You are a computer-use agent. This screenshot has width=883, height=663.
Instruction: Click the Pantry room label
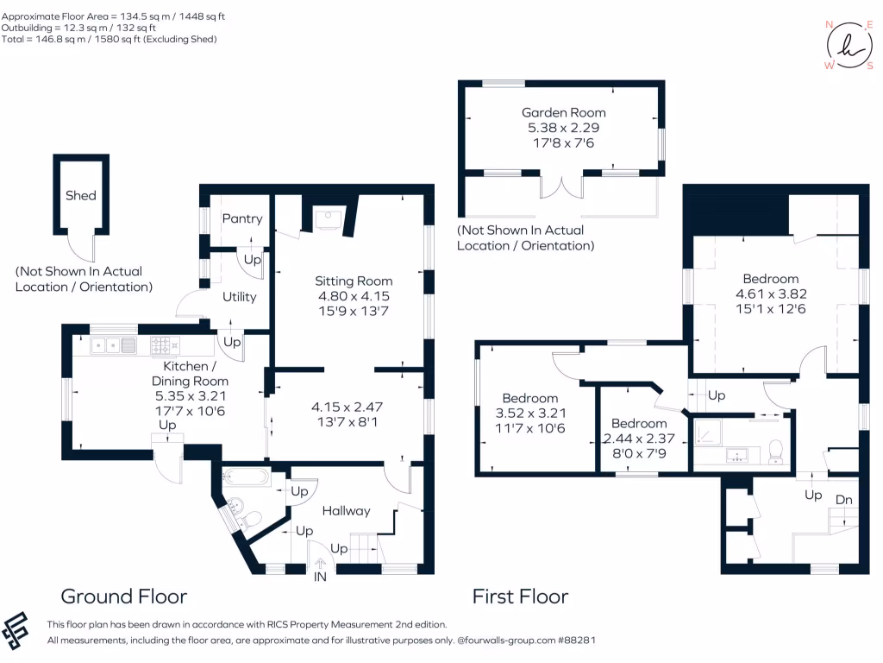[242, 218]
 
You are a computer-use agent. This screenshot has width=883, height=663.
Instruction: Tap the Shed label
[80, 196]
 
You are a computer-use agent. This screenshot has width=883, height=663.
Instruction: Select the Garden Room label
[563, 113]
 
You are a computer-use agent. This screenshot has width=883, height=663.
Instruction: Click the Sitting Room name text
[354, 281]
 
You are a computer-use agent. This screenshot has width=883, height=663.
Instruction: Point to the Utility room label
[240, 297]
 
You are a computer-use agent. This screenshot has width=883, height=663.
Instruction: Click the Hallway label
[347, 511]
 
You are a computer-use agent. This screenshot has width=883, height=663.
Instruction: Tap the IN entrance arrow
[320, 563]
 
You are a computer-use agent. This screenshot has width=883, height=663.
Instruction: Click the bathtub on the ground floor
[246, 477]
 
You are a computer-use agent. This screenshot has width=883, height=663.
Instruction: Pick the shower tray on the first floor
[707, 433]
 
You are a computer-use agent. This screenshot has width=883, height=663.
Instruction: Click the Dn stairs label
[843, 500]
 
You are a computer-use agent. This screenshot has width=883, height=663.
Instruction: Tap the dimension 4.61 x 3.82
[771, 294]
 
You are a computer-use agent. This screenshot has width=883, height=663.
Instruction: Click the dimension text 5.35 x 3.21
[191, 396]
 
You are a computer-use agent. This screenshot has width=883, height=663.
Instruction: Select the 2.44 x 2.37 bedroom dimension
[639, 439]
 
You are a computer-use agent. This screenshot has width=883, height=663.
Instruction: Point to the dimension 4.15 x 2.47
[347, 407]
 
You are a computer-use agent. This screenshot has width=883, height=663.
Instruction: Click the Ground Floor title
[124, 597]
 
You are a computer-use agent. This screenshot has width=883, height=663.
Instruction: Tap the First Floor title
[520, 597]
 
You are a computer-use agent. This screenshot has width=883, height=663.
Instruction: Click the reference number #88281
[576, 641]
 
